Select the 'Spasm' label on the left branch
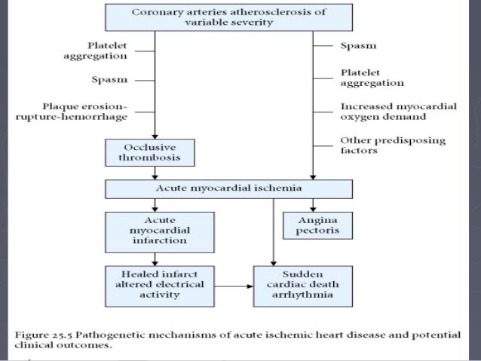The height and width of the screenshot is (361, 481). pyautogui.click(x=109, y=78)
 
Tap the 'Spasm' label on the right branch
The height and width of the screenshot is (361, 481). pyautogui.click(x=359, y=46)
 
